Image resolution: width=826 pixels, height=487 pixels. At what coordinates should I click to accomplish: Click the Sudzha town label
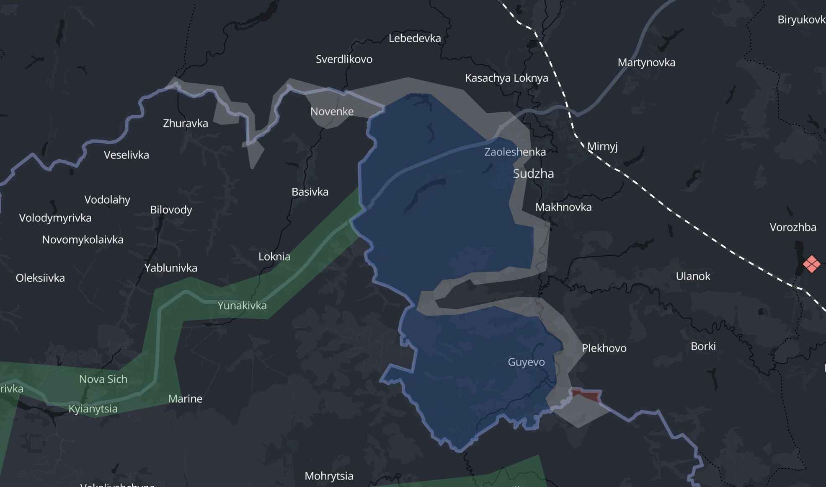coord(533,174)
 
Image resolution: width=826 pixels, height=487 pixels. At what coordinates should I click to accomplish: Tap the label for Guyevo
coord(526,362)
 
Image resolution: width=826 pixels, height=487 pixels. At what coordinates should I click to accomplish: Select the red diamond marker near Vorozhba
coord(811,264)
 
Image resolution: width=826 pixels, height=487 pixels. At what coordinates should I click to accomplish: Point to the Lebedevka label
coord(415,39)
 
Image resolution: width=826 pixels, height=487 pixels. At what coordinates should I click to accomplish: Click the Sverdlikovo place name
coord(344,60)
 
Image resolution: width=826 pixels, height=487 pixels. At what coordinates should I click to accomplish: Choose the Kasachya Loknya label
coord(506,78)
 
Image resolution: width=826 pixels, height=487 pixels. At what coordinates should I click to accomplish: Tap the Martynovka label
coord(646,63)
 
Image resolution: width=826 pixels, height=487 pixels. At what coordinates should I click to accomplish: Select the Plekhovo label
coord(604,348)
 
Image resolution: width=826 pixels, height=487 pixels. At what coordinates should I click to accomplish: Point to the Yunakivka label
coord(242,306)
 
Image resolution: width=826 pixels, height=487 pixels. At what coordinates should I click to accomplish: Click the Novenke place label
coord(332,112)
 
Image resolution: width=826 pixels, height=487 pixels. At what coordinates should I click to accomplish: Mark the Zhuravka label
coord(185,124)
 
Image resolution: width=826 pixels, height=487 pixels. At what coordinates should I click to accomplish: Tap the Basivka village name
coord(310,192)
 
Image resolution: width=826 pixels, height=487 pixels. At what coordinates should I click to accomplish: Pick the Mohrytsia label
coord(329,476)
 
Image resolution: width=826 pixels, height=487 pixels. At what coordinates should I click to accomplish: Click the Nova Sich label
coord(103,379)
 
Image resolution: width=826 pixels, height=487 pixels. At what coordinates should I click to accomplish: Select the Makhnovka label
coord(563,207)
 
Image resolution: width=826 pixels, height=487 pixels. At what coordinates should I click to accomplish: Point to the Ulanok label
coord(693,277)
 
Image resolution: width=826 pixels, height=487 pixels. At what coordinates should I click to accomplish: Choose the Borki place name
coord(703,347)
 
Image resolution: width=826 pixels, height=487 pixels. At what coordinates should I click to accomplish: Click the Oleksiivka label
coord(40,278)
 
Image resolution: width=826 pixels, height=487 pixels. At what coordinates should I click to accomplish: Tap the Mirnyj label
coord(602,147)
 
